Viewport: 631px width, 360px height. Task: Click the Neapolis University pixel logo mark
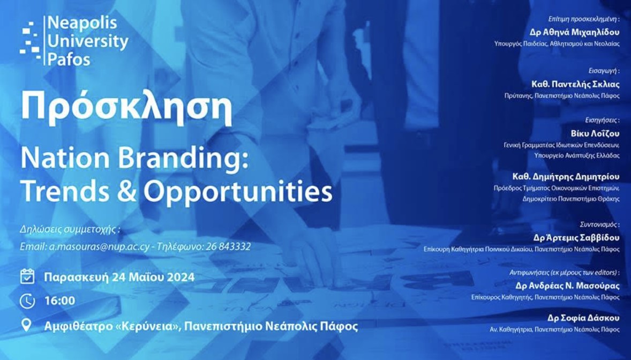click(x=31, y=41)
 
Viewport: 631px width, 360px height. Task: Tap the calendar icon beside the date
click(x=27, y=276)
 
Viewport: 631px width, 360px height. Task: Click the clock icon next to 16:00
click(x=27, y=301)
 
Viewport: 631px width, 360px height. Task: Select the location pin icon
click(x=26, y=325)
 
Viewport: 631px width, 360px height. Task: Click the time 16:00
click(x=60, y=301)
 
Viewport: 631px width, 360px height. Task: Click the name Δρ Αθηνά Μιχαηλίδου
click(x=574, y=32)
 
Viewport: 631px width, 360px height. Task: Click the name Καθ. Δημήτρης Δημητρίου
click(x=566, y=176)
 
